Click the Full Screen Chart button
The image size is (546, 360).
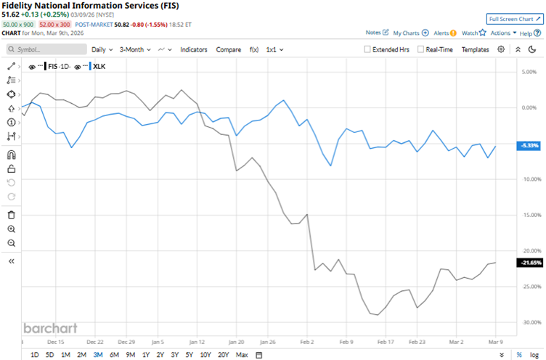coord(514,19)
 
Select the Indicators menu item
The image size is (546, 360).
coord(193,49)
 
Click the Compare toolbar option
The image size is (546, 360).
coord(228,49)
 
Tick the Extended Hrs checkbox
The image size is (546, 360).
coord(368,49)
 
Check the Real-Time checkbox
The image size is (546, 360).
coord(421,49)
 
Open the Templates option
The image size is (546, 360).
coord(476,49)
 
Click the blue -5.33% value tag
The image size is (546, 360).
coord(527,146)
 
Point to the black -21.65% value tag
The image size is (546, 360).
coord(527,262)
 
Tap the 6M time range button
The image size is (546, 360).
coord(113,354)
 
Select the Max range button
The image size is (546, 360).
coord(242,354)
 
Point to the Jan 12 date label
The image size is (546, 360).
coord(197,340)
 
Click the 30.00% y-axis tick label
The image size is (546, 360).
coord(525,322)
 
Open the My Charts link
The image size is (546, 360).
coord(411,33)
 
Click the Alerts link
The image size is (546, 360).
coord(441,33)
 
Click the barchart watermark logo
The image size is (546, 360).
coord(48,327)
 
